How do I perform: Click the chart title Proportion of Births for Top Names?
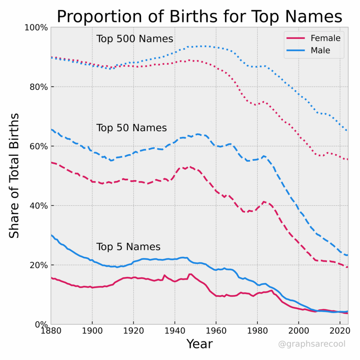pos(199,17)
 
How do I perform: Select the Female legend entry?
pos(326,38)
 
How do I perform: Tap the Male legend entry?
pos(320,50)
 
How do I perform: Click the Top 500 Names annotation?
pos(135,39)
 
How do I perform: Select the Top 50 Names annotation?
pos(131,128)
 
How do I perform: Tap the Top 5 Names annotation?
pos(128,247)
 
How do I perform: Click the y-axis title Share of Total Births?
pos(14,176)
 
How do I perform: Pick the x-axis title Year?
pos(199,344)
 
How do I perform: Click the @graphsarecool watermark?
pos(311,344)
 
